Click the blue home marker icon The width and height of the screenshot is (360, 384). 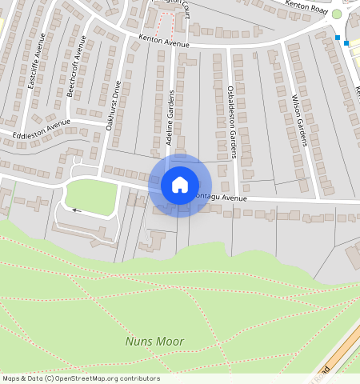pyautogui.click(x=180, y=186)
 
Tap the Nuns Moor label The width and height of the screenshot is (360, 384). pyautogui.click(x=154, y=342)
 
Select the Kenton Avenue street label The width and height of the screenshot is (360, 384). pyautogui.click(x=163, y=41)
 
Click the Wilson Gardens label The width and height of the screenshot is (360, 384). pyautogui.click(x=300, y=122)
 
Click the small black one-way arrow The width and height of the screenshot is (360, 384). pyautogui.click(x=76, y=210)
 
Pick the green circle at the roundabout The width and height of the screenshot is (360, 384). pyautogui.click(x=337, y=14)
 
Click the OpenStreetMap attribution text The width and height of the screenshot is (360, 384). pyautogui.click(x=80, y=378)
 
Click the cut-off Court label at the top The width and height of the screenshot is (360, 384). pyautogui.click(x=187, y=7)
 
